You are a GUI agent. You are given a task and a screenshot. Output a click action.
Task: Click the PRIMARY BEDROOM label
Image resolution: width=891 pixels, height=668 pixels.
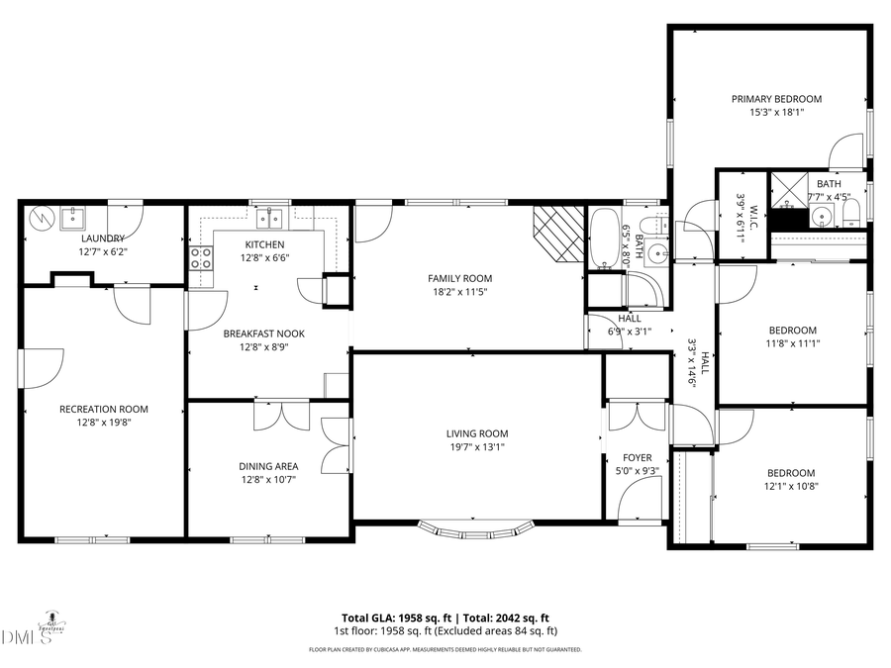[x=776, y=99]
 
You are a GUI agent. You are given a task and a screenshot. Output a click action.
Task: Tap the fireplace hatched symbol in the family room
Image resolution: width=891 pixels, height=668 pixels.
[x=557, y=234]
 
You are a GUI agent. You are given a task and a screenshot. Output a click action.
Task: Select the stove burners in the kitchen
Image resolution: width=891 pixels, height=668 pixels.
[x=201, y=258]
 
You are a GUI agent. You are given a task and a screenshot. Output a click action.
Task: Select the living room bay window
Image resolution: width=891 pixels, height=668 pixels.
[x=476, y=530]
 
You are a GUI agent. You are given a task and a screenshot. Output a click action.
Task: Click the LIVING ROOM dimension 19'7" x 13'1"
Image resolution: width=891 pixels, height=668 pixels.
[x=476, y=446]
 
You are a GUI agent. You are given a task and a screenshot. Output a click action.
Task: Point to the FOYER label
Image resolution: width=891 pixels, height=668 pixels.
[x=637, y=457]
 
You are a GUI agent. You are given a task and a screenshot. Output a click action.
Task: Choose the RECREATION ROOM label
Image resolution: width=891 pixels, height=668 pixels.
[x=103, y=409]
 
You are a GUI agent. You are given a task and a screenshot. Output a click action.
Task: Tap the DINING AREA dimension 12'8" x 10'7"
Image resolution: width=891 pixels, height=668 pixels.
[x=267, y=479]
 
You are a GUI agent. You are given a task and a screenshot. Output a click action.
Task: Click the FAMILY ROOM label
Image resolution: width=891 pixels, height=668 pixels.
[x=459, y=278]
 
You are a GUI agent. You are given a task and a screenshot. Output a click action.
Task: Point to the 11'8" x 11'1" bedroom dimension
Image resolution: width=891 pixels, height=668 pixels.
[x=792, y=343]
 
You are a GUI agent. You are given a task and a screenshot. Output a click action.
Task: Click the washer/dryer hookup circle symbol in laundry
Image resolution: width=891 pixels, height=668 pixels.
[x=43, y=215]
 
